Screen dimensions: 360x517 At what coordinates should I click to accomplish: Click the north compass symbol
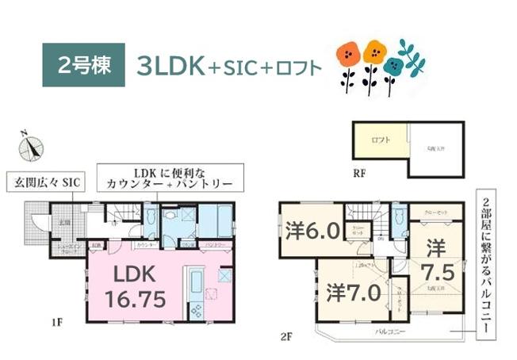point(33,147)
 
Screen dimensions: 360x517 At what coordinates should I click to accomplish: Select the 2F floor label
point(286,335)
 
